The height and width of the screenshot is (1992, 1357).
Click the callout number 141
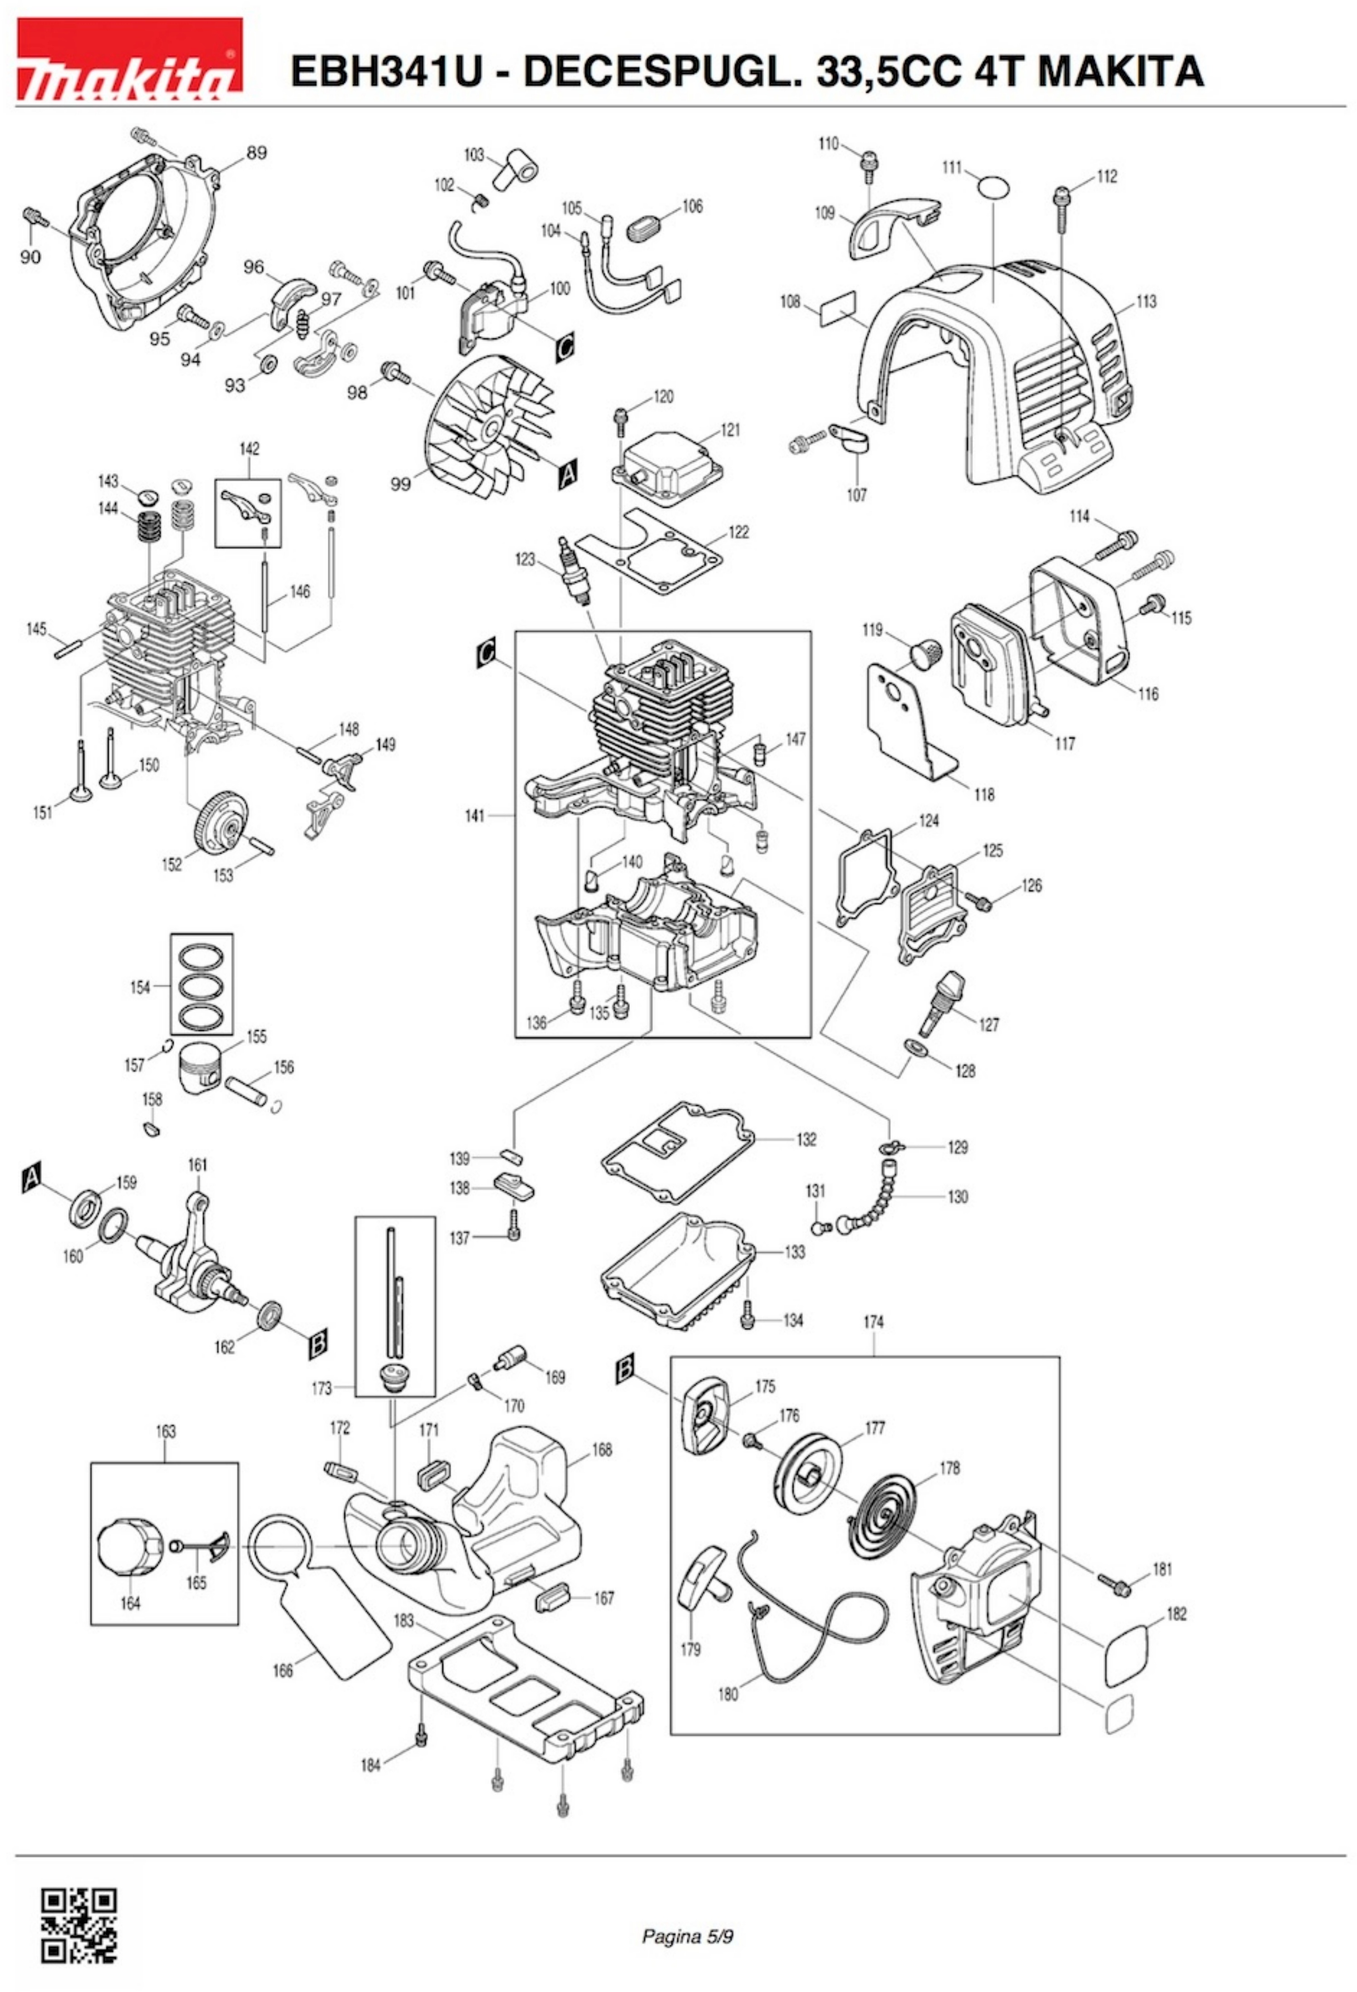(475, 816)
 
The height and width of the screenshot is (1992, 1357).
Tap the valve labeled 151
(81, 771)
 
